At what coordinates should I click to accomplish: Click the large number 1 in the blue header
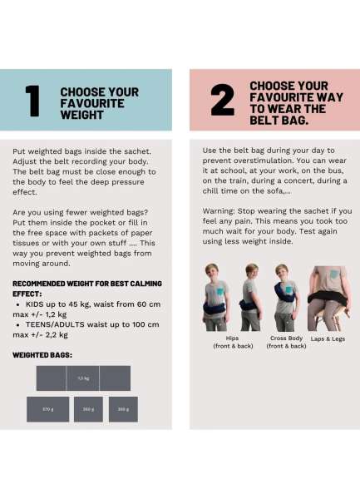click(32, 101)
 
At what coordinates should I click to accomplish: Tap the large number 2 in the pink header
click(222, 100)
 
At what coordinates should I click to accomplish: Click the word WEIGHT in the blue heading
click(81, 115)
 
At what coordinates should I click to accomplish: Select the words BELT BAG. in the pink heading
click(279, 121)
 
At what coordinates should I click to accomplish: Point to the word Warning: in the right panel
click(219, 211)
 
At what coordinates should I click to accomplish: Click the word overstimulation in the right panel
click(259, 161)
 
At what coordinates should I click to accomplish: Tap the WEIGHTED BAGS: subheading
click(42, 355)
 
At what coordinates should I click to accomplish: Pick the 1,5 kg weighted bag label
click(83, 378)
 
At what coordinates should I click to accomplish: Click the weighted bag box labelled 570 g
click(47, 409)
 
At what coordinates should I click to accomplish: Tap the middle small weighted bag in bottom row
click(88, 409)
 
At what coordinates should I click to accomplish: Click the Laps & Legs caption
click(328, 339)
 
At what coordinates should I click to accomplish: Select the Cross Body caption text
click(286, 338)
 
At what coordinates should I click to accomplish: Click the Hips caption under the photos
click(232, 338)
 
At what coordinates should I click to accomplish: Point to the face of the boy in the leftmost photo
click(211, 271)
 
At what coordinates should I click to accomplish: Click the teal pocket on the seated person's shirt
click(333, 274)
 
